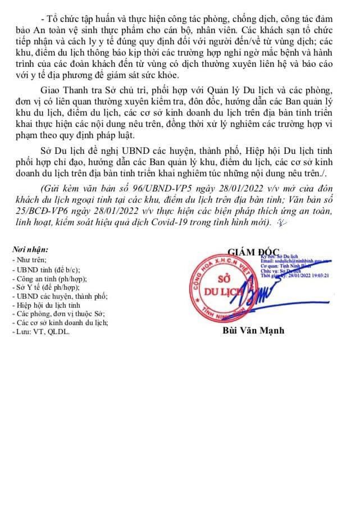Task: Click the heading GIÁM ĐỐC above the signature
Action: [x=254, y=251]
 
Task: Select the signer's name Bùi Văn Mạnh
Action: [x=254, y=330]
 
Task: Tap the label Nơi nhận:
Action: [x=31, y=249]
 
